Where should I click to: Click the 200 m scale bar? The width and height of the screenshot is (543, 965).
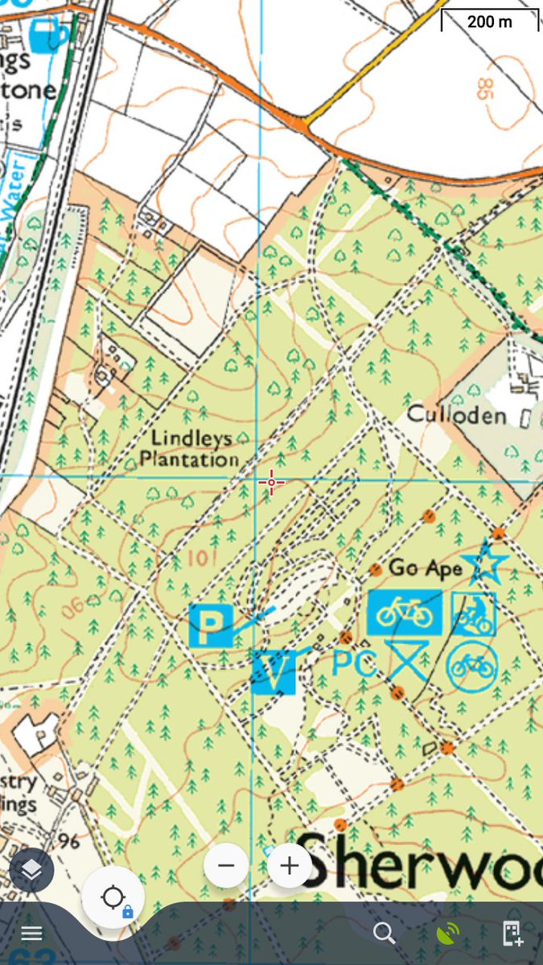click(489, 20)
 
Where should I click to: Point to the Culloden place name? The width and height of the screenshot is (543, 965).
click(456, 415)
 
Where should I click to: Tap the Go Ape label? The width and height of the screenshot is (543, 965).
click(425, 568)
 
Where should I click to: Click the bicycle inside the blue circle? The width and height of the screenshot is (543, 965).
click(472, 666)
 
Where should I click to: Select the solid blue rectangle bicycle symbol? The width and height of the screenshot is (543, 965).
click(405, 613)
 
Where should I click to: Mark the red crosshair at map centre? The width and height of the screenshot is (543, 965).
click(272, 482)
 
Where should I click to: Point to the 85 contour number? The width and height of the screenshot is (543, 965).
click(483, 88)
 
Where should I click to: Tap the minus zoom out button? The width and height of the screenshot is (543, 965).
click(226, 865)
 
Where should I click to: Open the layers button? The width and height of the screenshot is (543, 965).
click(31, 869)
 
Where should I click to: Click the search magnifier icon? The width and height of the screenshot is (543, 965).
click(385, 933)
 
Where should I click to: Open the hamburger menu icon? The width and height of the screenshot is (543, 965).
click(31, 934)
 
